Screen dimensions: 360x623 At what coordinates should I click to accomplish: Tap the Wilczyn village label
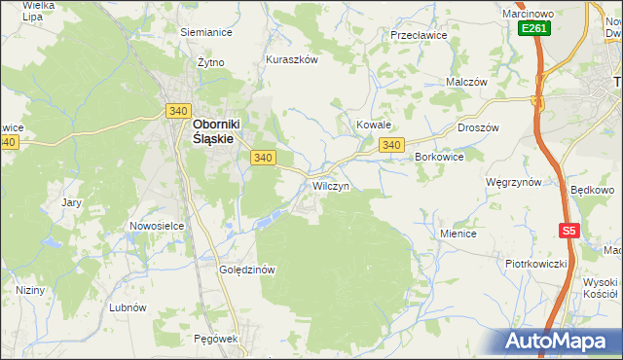[330, 185]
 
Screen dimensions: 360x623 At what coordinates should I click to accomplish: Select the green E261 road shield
[534, 29]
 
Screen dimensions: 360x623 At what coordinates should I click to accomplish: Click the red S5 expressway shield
[569, 231]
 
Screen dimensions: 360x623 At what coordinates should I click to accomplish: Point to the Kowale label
[373, 126]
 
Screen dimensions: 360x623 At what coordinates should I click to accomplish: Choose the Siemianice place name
[206, 32]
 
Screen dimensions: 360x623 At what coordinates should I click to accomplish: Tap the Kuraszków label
[292, 59]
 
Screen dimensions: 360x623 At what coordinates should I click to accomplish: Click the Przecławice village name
[418, 35]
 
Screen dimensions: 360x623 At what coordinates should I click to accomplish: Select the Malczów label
[466, 83]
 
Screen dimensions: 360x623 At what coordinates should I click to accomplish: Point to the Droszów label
[477, 127]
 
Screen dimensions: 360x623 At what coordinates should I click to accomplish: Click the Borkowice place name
[438, 157]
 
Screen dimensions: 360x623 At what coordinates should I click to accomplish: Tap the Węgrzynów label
[513, 182]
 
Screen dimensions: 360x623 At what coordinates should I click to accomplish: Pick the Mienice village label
[458, 234]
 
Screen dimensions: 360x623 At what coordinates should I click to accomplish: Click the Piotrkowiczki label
[535, 264]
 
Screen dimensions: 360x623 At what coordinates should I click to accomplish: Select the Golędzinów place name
[250, 270]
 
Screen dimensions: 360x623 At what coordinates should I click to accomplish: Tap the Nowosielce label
[157, 226]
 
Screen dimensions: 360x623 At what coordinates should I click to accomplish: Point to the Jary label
[71, 202]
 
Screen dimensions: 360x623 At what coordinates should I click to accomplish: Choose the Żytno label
[210, 62]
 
